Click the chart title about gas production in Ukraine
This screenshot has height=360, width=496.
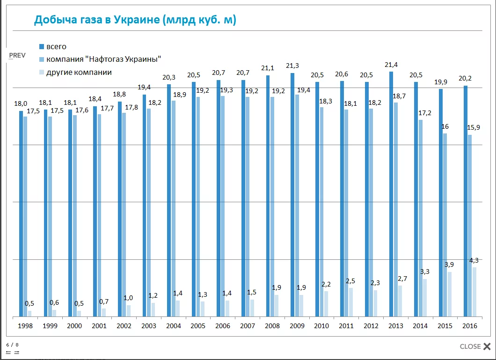coord(135,20)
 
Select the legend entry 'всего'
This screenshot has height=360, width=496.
coord(56,46)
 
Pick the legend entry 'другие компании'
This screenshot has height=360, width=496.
coord(79,72)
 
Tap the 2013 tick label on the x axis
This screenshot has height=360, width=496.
coord(395,326)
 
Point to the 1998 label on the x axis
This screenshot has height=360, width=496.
coord(25,326)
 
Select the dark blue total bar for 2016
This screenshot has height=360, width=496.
coord(466,201)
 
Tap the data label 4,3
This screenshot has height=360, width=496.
coord(474,260)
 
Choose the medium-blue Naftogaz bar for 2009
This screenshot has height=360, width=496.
coord(297,206)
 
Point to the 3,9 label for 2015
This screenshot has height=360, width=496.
coord(449,265)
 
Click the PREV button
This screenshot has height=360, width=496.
coord(17,55)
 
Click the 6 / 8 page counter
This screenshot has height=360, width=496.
coord(12,345)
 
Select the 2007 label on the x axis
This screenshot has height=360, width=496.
coord(247,326)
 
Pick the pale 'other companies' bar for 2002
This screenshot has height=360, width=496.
coord(128,311)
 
